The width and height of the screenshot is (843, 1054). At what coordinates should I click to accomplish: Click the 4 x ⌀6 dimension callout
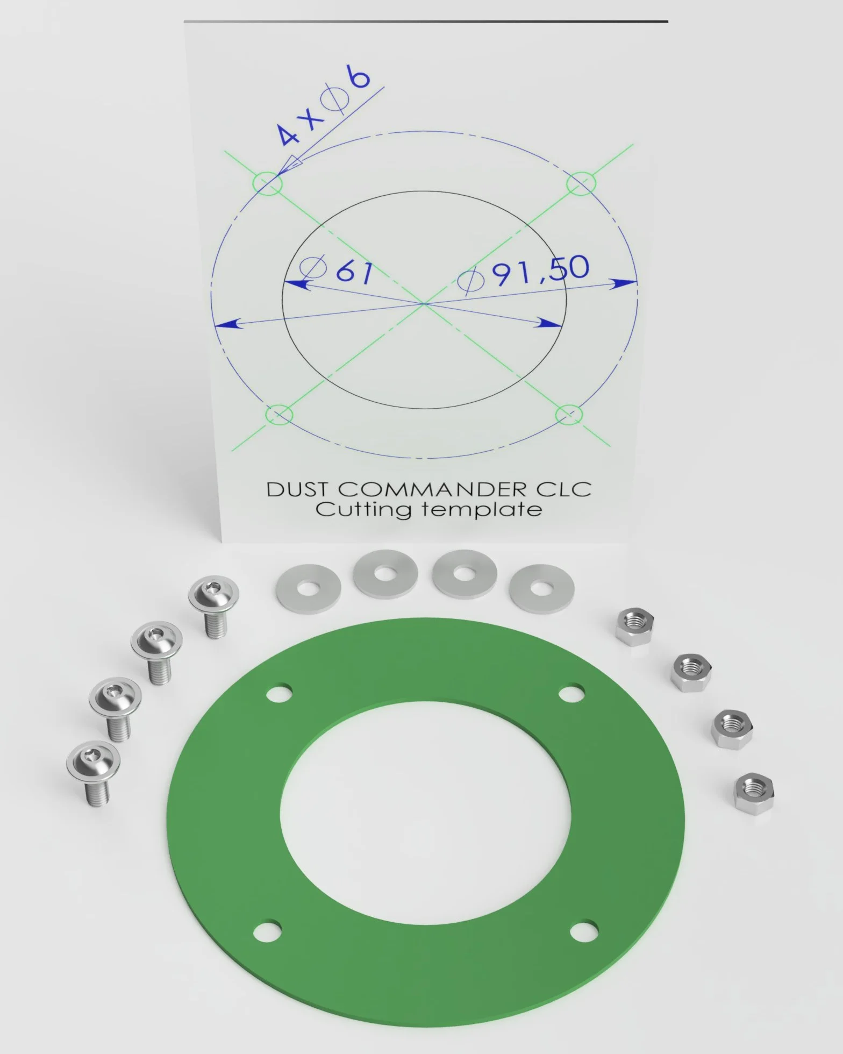coord(324,106)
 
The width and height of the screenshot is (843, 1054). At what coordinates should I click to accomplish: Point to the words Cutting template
coord(428,509)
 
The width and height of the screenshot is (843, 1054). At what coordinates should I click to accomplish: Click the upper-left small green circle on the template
coord(267,183)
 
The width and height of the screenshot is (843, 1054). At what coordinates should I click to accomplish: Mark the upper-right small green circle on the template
coord(581,183)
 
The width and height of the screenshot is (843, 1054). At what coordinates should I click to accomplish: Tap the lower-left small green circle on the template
coord(280,415)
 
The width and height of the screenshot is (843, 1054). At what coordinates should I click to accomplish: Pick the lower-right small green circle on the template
coord(569,414)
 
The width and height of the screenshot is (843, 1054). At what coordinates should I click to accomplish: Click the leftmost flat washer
coord(308,588)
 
